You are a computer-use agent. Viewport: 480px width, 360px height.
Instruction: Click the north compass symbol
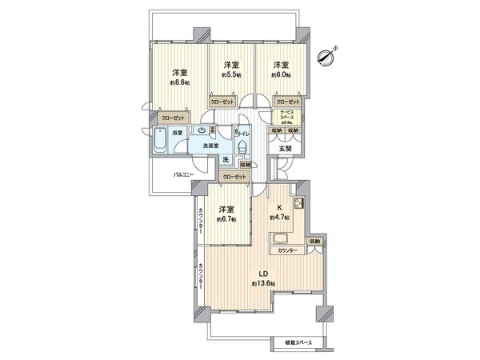pos(326,55)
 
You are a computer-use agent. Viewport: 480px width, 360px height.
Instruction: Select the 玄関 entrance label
pos(286,147)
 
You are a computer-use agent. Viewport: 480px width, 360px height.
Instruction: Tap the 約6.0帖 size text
pos(279,74)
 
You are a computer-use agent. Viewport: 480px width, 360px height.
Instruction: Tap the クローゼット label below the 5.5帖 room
pos(222,102)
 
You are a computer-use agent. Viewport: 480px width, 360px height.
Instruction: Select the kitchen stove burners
pos(298,203)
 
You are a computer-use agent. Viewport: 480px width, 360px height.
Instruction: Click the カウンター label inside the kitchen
pos(287,251)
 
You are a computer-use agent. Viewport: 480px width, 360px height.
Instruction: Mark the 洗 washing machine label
pos(225,158)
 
